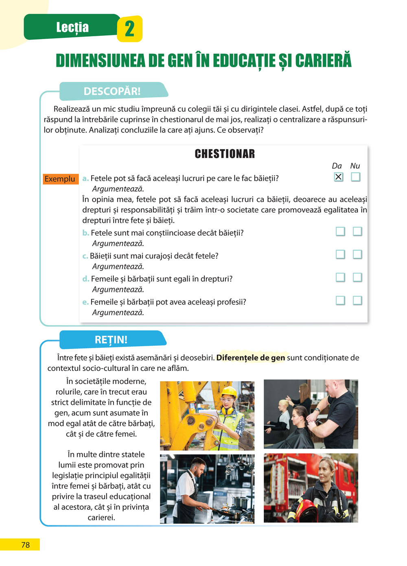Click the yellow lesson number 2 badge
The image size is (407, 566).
point(129,29)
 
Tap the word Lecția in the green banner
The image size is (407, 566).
point(72,27)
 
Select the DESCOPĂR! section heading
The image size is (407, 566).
point(112,91)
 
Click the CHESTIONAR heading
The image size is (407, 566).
point(225,154)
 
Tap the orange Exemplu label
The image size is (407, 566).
point(60,179)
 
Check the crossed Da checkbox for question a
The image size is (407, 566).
point(338,177)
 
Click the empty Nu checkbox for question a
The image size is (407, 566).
point(356,177)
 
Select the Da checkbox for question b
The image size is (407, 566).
point(340,231)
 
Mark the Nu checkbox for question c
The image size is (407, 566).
point(357,254)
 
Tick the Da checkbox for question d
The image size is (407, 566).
point(340,277)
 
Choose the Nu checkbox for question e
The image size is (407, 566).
point(357,301)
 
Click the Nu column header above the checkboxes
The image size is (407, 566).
point(355,166)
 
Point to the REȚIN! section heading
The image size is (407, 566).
point(111,340)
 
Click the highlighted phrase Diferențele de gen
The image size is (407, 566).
point(250,358)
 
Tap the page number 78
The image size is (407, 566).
point(25,545)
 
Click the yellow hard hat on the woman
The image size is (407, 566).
point(228,392)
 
